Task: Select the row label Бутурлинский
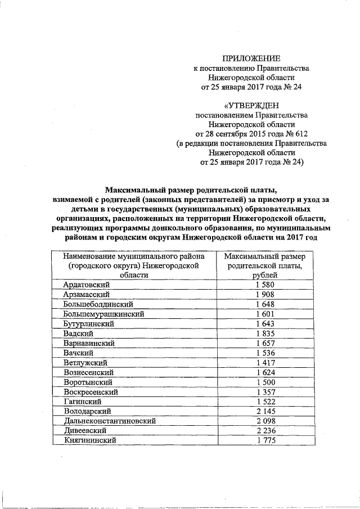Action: [x=89, y=325]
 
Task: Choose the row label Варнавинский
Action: [x=89, y=344]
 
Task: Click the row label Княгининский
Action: [x=90, y=440]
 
